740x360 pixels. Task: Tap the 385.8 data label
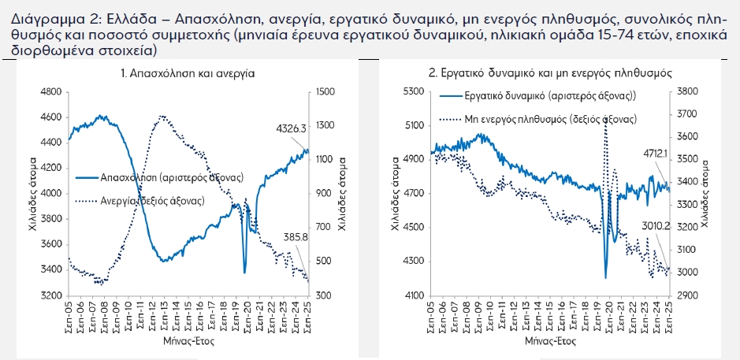tap(296, 236)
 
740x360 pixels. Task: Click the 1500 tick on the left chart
tap(325, 92)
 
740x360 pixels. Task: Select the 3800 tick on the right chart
tap(686, 92)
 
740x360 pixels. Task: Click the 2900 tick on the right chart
tap(686, 295)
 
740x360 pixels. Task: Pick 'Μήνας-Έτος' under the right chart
tap(549, 342)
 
